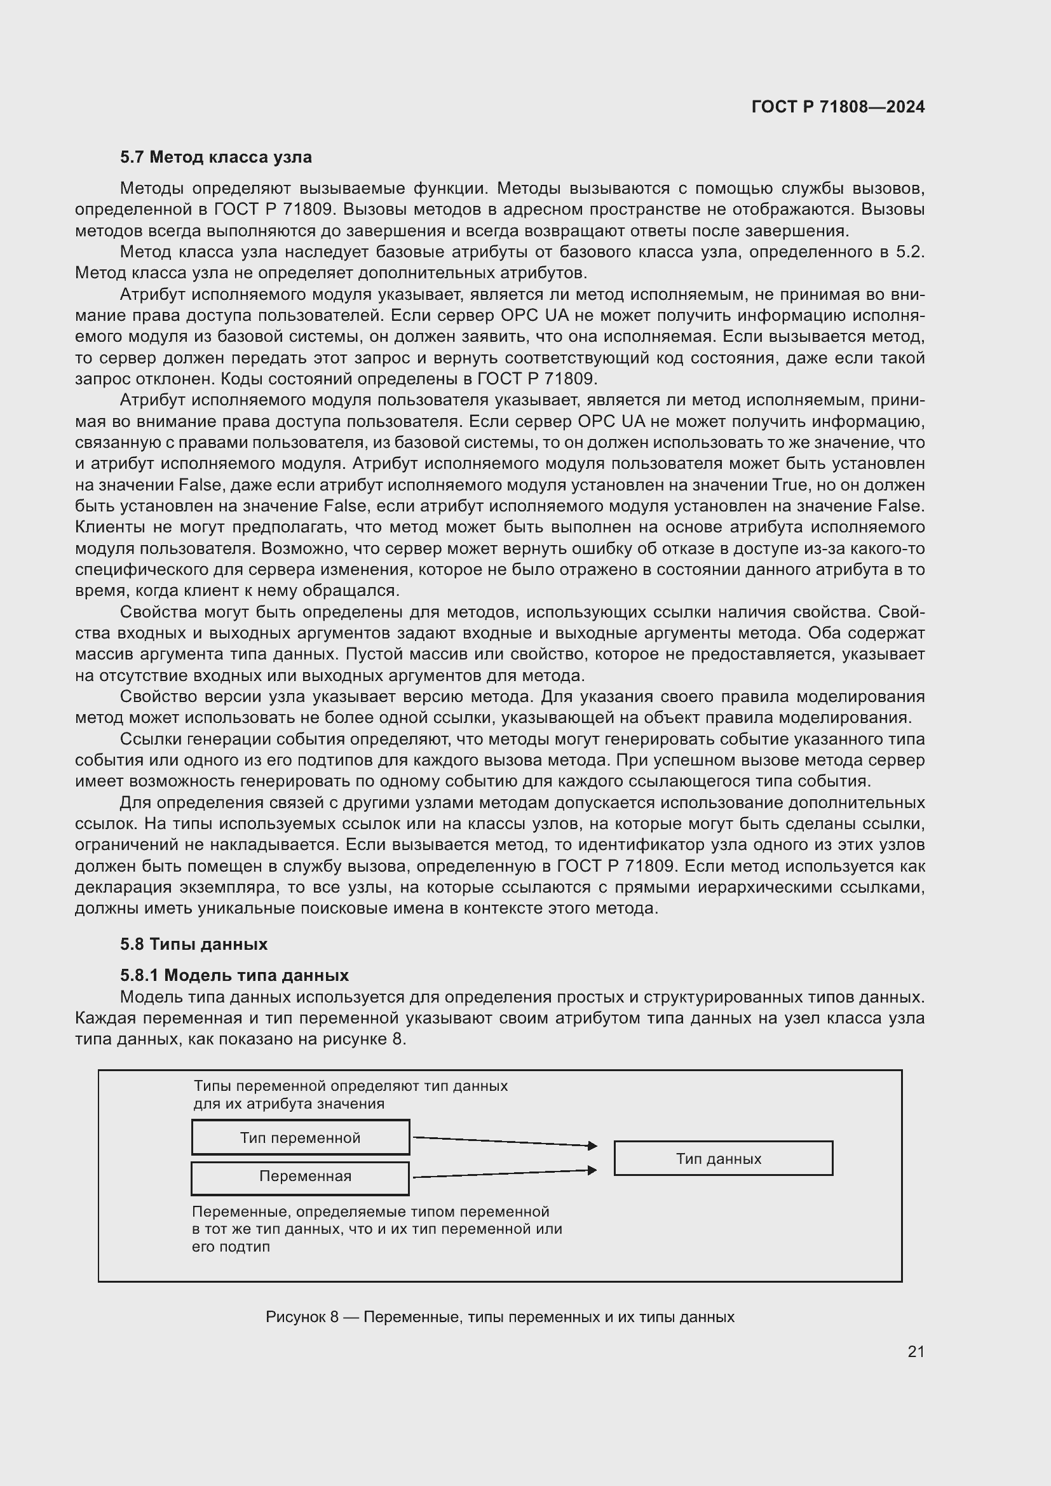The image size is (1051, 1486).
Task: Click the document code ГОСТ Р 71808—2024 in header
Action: click(837, 107)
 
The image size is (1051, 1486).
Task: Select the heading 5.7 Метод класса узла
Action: click(215, 158)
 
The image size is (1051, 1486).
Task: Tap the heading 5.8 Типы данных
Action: click(194, 944)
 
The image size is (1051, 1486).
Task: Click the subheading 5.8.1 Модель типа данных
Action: click(234, 975)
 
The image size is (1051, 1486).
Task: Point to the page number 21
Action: click(916, 1351)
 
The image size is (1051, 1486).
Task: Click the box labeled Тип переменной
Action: click(301, 1138)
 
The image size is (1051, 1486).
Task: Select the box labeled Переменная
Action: click(301, 1177)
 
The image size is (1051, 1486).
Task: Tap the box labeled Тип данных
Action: click(722, 1159)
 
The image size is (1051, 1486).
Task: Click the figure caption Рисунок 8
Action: click(499, 1317)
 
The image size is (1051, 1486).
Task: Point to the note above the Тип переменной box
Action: click(350, 1095)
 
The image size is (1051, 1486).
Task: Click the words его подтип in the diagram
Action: click(231, 1247)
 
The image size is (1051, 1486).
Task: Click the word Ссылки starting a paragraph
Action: click(148, 739)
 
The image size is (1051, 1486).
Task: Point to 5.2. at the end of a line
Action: click(909, 252)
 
